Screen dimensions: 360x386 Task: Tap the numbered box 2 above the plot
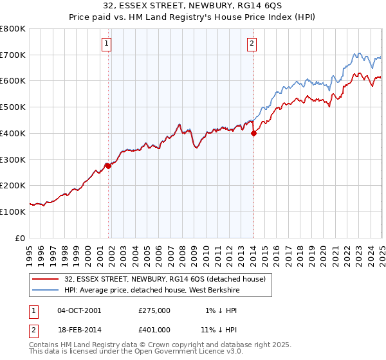(x=252, y=44)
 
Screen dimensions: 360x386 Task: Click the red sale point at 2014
(x=253, y=133)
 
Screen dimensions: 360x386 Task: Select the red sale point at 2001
(x=108, y=166)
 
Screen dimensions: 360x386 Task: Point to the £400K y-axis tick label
(x=13, y=133)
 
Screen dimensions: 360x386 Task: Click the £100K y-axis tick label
(x=13, y=212)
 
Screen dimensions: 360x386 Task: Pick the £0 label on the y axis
(x=21, y=238)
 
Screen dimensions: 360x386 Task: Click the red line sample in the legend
(x=46, y=278)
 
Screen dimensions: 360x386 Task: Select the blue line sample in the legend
(x=46, y=289)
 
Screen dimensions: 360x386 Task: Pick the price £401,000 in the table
(x=154, y=329)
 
